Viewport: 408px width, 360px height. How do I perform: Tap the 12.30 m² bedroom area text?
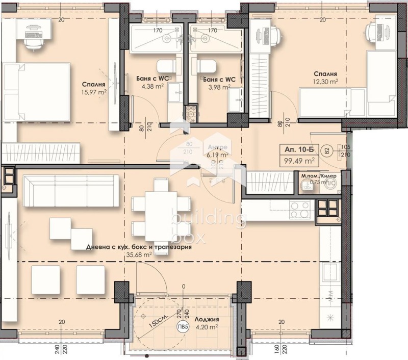coord(326,81)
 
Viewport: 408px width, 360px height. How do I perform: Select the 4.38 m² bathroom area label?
coord(152,86)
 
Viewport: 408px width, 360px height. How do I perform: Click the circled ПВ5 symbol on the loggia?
coord(181,327)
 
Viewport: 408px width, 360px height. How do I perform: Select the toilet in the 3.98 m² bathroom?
coord(206,66)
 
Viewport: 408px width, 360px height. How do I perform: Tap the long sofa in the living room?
coord(70,190)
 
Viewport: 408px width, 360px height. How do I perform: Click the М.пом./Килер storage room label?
coord(319,176)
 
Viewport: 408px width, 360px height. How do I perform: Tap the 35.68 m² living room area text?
coord(140,254)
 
